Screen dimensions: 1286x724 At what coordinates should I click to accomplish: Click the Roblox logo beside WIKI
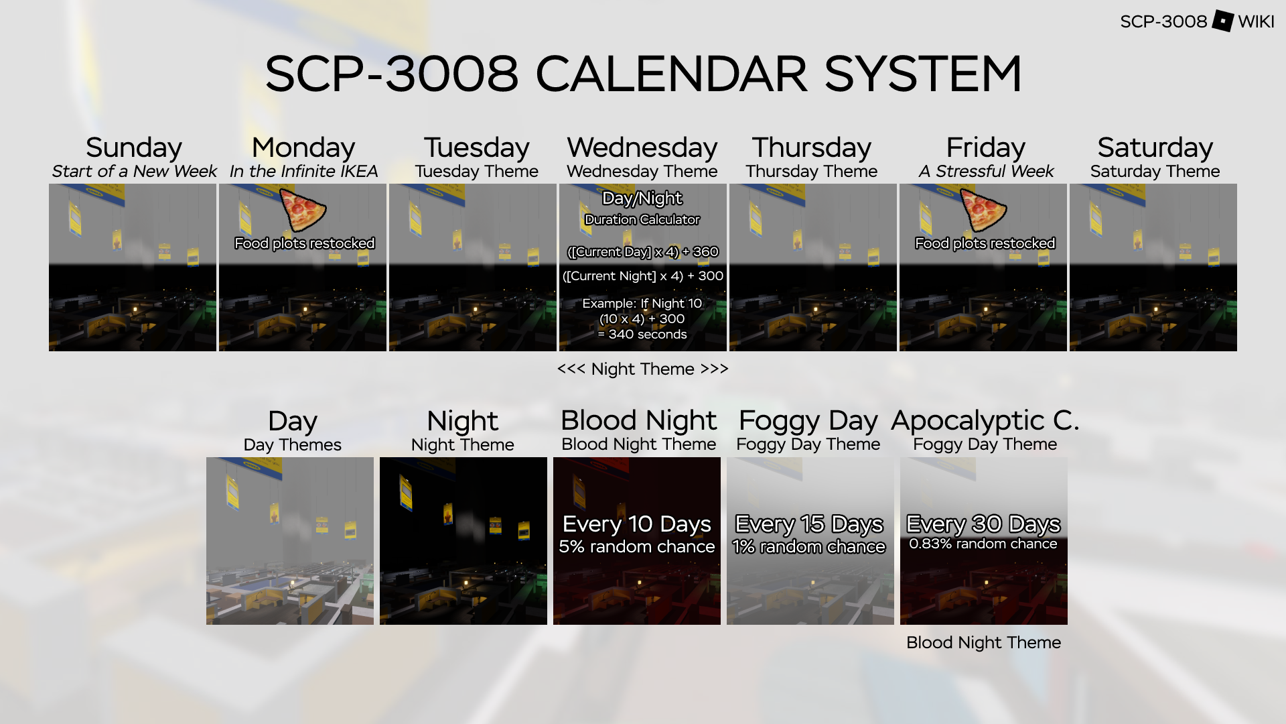[1222, 21]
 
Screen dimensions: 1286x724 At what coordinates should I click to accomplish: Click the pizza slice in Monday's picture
[302, 210]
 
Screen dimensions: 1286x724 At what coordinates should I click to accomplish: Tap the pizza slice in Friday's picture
[983, 210]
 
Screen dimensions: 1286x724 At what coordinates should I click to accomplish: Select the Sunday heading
[134, 147]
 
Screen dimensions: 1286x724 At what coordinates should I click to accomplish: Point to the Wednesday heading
[642, 147]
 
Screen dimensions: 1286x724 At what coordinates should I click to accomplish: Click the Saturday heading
[1155, 147]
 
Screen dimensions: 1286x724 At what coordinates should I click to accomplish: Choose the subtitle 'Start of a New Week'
[134, 172]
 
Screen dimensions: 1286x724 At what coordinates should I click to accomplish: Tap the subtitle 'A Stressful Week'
[986, 172]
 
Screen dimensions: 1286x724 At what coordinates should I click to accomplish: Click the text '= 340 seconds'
[642, 334]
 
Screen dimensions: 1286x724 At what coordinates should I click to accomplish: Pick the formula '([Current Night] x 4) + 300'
[643, 276]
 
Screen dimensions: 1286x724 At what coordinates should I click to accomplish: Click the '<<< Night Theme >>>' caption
[643, 369]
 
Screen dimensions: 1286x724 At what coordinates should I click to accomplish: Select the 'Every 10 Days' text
[637, 524]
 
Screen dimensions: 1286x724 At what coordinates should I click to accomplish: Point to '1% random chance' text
[809, 546]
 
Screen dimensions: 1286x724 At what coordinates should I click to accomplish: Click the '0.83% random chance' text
[983, 544]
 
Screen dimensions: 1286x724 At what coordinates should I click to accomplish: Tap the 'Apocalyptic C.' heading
[985, 420]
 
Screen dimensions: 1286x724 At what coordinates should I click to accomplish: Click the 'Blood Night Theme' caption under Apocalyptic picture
[983, 642]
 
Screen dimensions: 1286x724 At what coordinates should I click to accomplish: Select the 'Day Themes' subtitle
[293, 444]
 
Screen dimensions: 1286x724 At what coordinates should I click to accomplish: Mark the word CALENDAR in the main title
[672, 74]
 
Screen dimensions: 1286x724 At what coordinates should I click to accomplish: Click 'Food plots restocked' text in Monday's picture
[305, 243]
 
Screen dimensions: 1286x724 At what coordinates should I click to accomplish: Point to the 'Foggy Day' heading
[808, 421]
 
